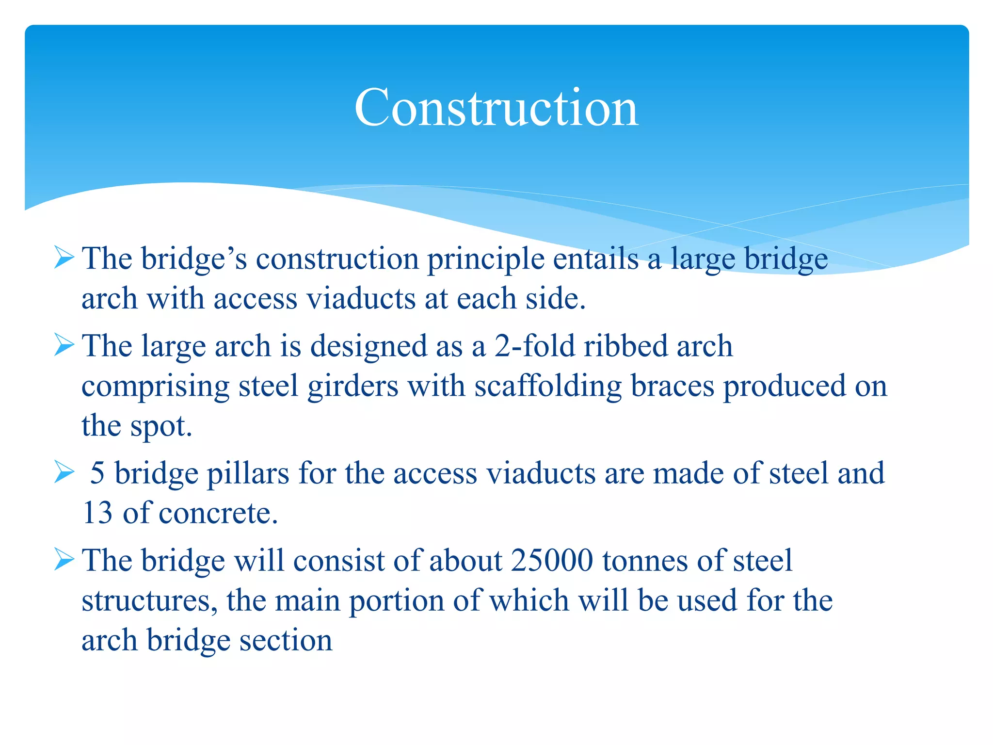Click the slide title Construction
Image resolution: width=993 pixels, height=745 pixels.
(x=496, y=108)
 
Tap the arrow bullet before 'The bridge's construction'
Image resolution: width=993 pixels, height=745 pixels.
(x=64, y=257)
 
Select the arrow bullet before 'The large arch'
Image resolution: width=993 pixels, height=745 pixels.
(x=64, y=345)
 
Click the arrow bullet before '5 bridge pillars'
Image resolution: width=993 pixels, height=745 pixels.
(x=64, y=472)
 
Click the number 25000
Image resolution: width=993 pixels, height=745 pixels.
(x=552, y=561)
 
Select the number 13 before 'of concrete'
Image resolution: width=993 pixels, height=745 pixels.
(x=97, y=513)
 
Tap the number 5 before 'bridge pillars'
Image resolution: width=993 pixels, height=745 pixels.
(x=97, y=473)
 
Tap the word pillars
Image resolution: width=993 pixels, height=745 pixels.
(x=248, y=473)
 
